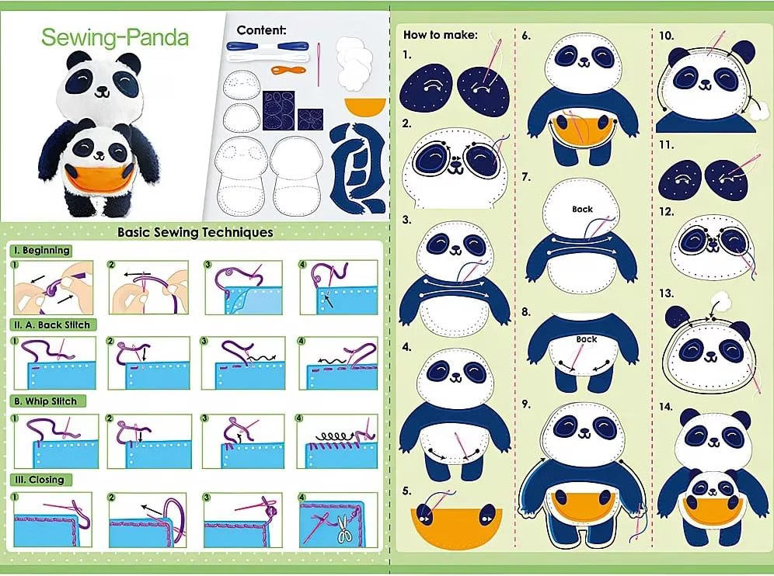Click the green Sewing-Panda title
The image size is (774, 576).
115,37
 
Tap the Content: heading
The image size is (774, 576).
261,30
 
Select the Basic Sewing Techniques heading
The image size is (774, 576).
195,232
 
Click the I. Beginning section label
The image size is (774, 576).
41,251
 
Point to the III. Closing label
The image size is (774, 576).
40,479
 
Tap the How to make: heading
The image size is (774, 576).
441,35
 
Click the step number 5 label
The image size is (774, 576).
406,491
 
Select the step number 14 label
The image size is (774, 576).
665,407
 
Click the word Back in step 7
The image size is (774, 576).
583,209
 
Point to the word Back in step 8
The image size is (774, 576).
587,339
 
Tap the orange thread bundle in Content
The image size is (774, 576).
288,70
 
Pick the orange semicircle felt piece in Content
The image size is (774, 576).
365,106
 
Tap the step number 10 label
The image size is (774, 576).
666,36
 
